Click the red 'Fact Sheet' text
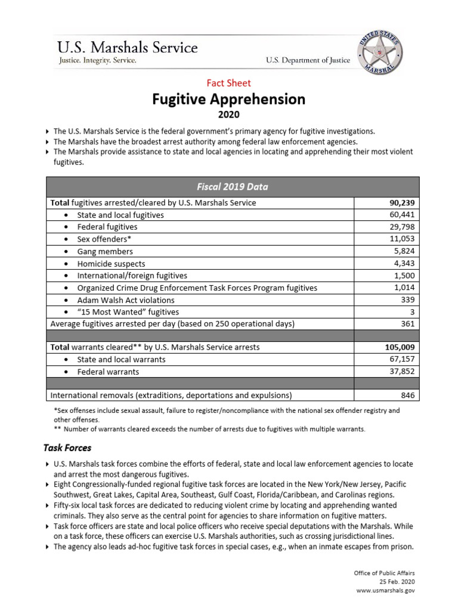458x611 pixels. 228,83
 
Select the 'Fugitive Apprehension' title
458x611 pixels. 229,99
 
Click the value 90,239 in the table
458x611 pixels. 401,203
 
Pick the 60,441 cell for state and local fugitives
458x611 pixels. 401,215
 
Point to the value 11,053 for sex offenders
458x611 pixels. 401,239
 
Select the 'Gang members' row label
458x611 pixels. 105,251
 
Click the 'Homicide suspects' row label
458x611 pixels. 111,263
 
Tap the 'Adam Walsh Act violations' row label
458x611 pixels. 126,300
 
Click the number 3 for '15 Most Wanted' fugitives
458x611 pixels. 412,312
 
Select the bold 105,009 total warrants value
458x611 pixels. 399,347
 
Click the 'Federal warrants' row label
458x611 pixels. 108,372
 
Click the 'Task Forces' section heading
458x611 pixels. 67,448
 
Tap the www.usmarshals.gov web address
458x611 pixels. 385,590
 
